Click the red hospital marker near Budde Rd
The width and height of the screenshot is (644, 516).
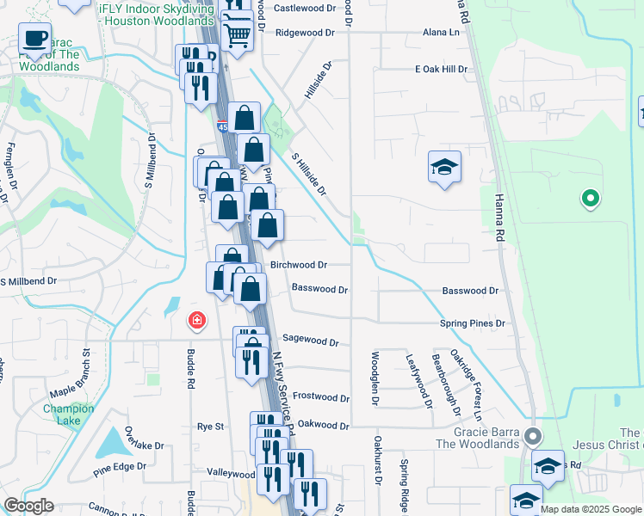click(197, 321)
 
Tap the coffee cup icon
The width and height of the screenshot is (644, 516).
click(34, 39)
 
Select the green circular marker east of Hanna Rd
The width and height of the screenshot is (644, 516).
click(590, 199)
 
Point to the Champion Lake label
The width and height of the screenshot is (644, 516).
click(68, 415)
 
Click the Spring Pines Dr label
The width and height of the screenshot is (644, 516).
click(472, 323)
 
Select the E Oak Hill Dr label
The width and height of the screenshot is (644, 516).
click(446, 68)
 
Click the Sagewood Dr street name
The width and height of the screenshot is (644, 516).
click(310, 341)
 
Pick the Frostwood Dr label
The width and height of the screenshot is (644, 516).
click(321, 398)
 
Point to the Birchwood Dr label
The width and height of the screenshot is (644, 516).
click(299, 266)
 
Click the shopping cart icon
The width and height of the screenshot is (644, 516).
click(237, 34)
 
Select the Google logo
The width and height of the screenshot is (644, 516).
click(28, 506)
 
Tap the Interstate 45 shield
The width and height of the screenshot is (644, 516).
click(223, 127)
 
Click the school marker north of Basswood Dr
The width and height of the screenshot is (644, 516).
click(445, 168)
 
